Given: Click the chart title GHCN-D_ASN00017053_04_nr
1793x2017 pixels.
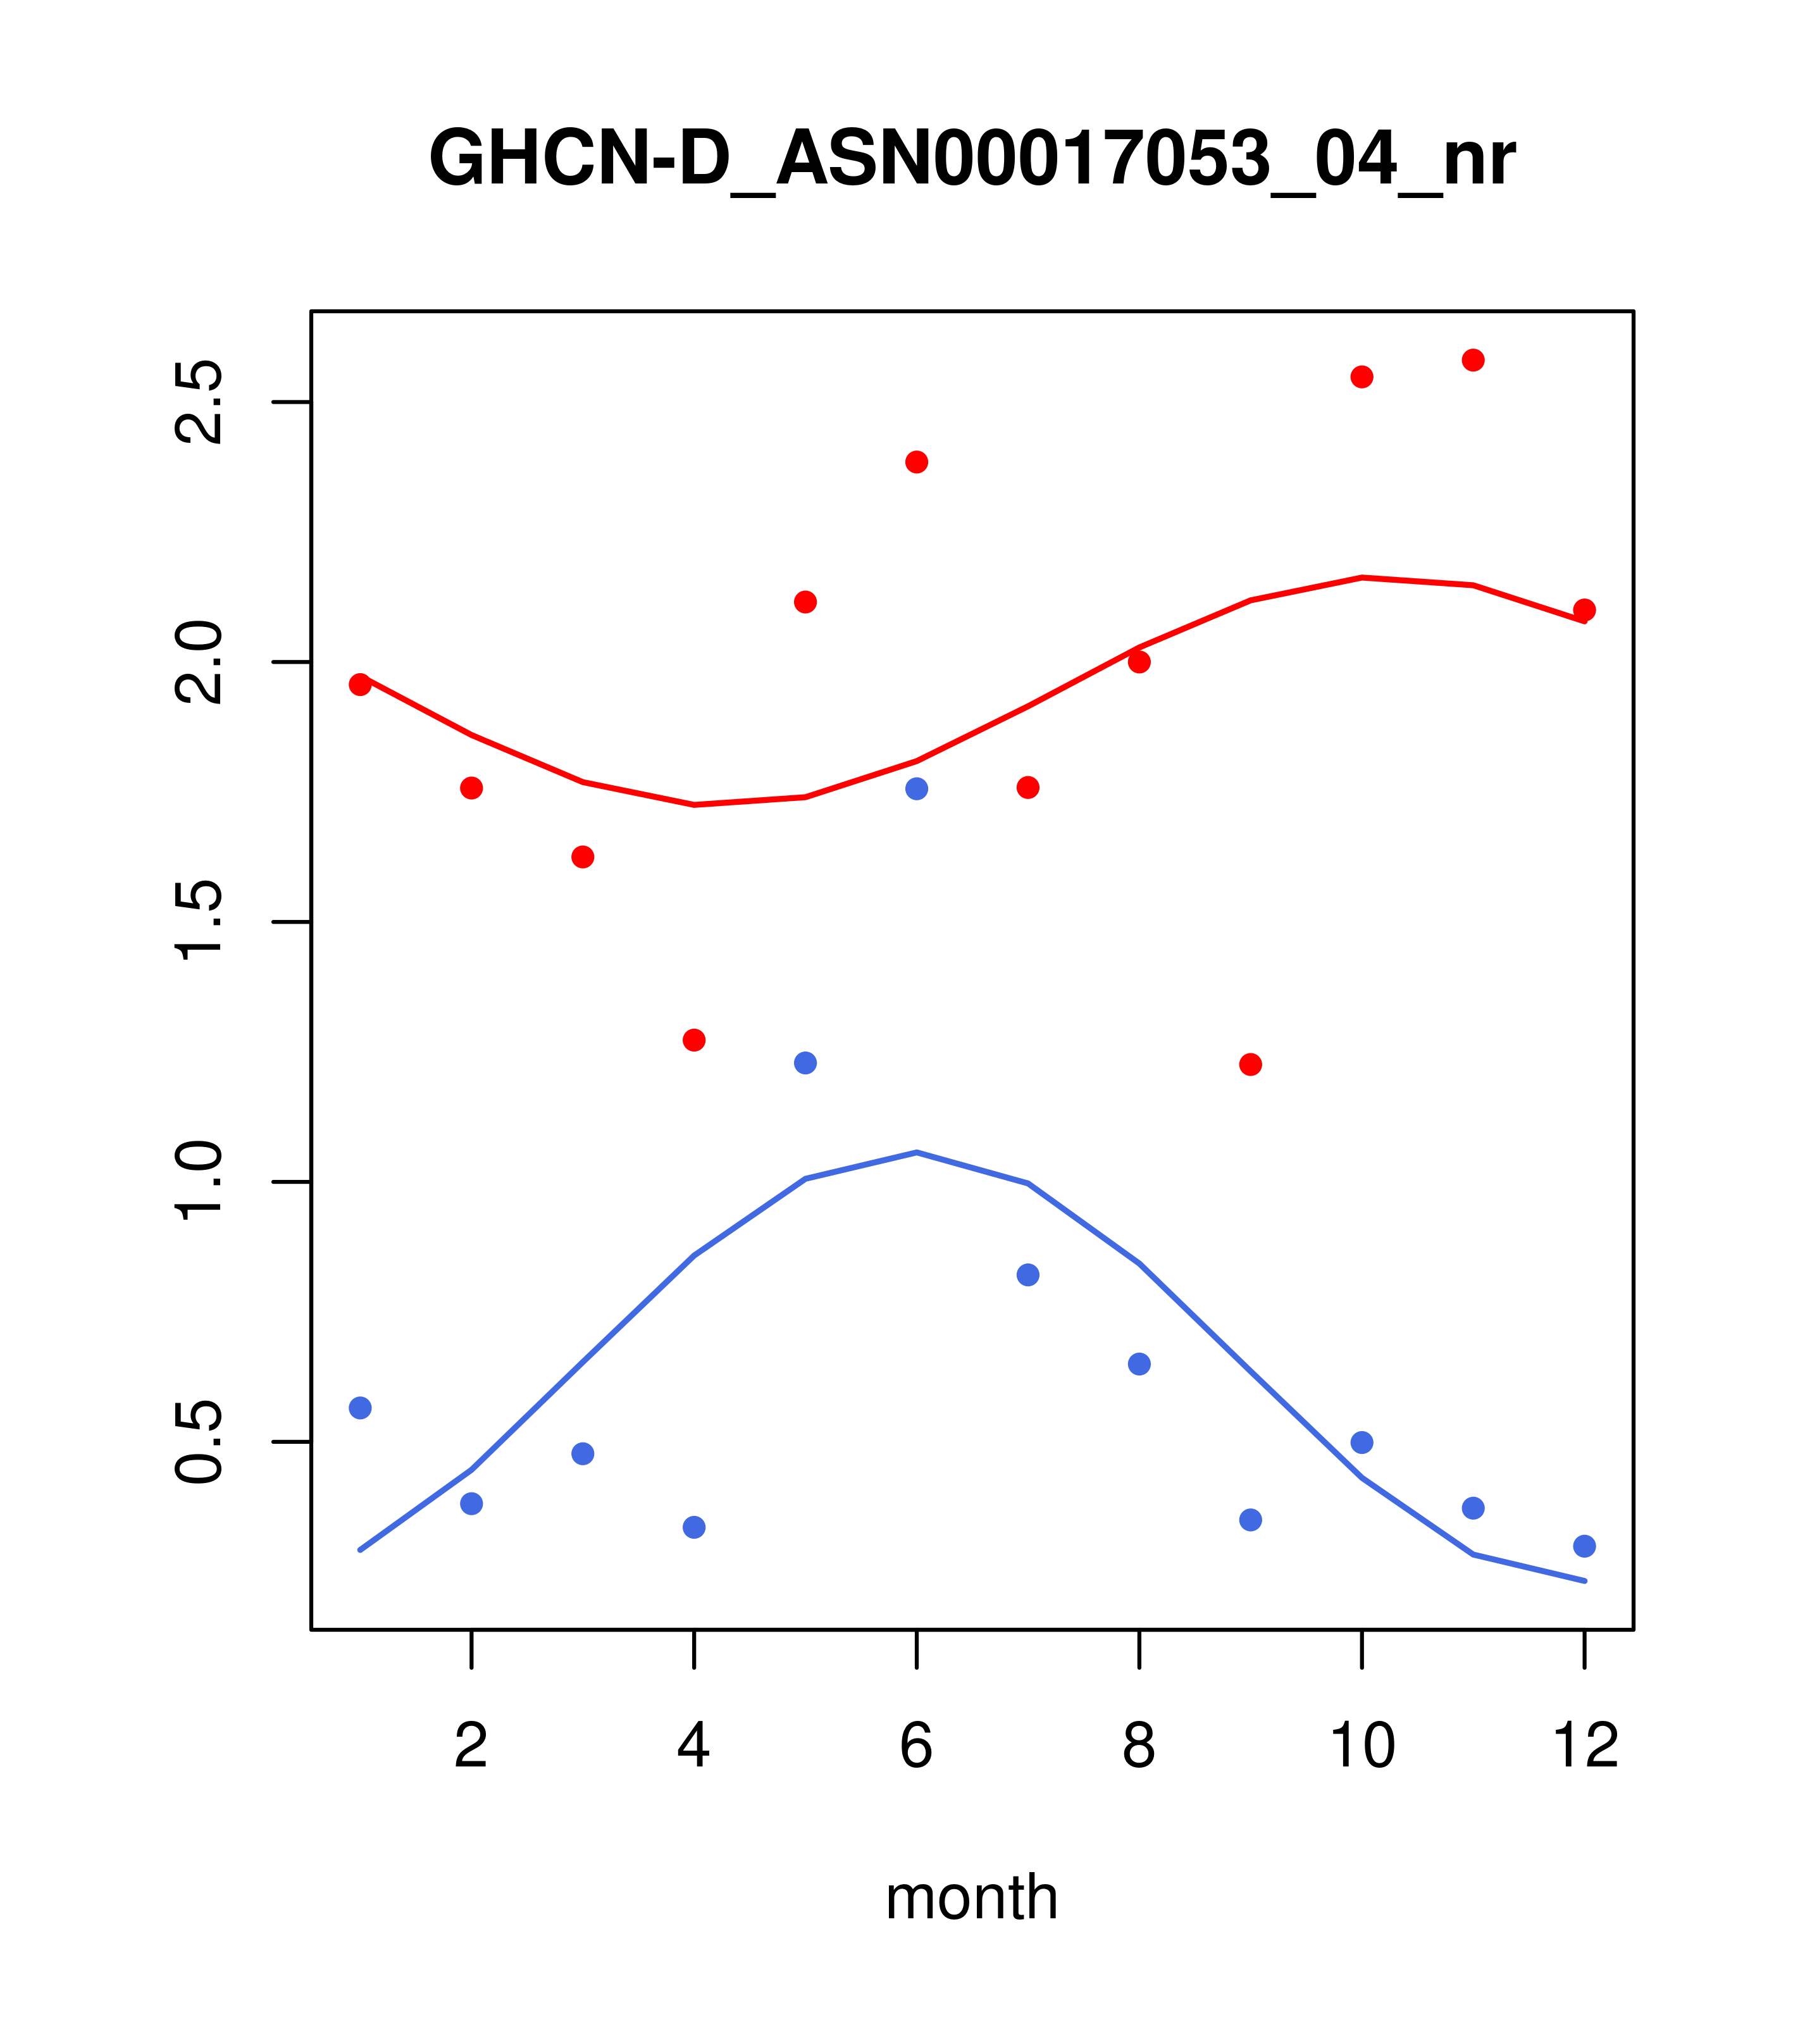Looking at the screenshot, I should point(971,159).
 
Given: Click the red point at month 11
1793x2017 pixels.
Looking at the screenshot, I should point(1473,360).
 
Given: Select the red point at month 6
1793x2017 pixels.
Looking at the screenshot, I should point(917,462).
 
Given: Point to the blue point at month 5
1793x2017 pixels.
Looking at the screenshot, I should point(805,1063).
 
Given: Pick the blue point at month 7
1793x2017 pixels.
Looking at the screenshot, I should point(1027,1275).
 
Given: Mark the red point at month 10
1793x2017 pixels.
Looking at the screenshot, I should point(1362,377).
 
